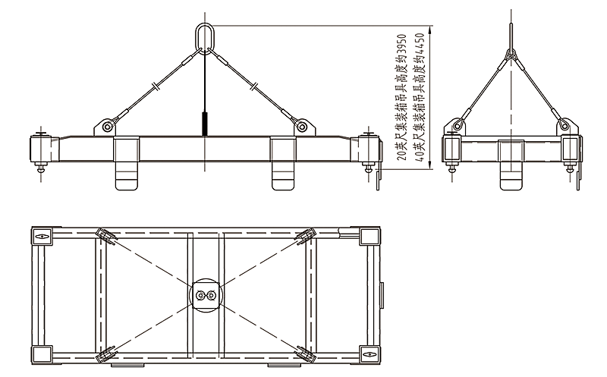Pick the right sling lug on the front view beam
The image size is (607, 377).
coord(302,126)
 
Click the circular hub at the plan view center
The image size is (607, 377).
coord(205,294)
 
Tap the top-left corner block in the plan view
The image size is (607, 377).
coord(41,237)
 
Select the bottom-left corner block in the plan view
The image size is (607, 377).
coord(41,353)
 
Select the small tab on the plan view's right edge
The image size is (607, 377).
coord(382,292)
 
